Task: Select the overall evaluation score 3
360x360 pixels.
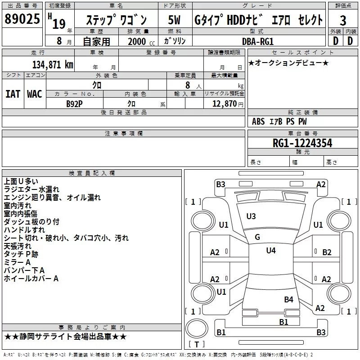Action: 343,21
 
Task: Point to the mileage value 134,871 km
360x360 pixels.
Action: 53,64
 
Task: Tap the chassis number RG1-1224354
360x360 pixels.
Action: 302,143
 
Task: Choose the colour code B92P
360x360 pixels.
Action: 74,103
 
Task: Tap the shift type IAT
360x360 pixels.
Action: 13,94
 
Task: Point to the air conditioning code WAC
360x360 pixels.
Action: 35,94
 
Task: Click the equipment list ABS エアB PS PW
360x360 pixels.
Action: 280,121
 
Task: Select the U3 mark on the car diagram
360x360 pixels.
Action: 251,216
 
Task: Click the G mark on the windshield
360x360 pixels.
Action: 257,237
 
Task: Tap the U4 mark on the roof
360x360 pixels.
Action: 270,251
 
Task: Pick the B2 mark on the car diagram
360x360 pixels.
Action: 327,252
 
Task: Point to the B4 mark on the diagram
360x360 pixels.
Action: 288,299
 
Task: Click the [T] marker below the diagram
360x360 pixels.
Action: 196,345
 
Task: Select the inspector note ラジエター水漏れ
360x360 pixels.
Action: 31,189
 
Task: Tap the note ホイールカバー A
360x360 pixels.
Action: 31,279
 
